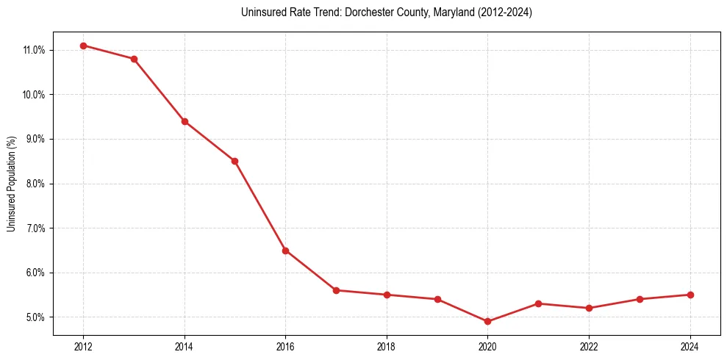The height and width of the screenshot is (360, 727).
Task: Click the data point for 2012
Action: (x=83, y=46)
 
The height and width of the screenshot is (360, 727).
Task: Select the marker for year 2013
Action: (x=134, y=59)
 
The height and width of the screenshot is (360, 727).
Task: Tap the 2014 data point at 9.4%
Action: (x=185, y=121)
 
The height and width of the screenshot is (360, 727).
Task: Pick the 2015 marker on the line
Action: (x=234, y=161)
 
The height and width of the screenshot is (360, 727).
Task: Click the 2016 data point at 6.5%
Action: (x=285, y=251)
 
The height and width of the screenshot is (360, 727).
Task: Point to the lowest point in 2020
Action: (x=487, y=321)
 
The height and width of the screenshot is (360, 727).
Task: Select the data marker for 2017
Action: (x=336, y=290)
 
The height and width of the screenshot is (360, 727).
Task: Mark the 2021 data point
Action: (x=538, y=303)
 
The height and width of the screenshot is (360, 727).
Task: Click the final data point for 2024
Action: (x=690, y=295)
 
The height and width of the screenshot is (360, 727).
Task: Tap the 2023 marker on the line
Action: (x=640, y=299)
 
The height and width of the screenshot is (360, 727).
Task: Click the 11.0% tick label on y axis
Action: (x=34, y=50)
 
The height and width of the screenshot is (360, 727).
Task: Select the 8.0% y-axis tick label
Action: (x=35, y=184)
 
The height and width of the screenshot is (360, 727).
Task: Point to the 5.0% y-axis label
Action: (x=35, y=317)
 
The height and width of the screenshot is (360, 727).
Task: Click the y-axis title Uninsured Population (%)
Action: (x=11, y=184)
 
